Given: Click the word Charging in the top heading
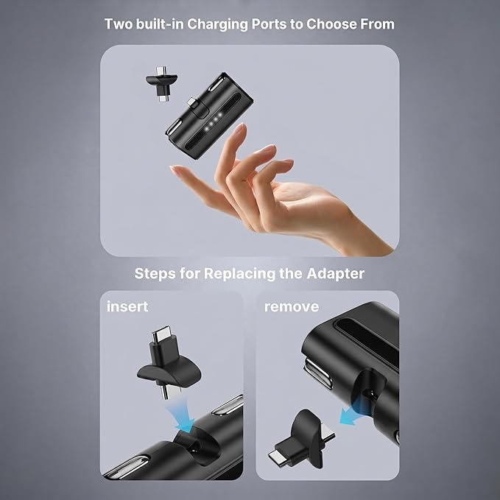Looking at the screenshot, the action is (218, 24).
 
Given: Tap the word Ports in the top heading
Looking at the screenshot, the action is (269, 24).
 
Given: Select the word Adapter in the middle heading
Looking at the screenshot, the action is (336, 274).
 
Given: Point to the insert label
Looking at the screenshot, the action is (127, 306).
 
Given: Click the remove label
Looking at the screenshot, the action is (292, 306).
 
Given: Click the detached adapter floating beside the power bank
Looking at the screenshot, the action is (162, 83).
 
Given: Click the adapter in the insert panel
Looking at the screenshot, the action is (168, 365).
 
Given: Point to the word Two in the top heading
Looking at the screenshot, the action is (119, 24).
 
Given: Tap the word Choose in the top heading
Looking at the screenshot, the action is (331, 24).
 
